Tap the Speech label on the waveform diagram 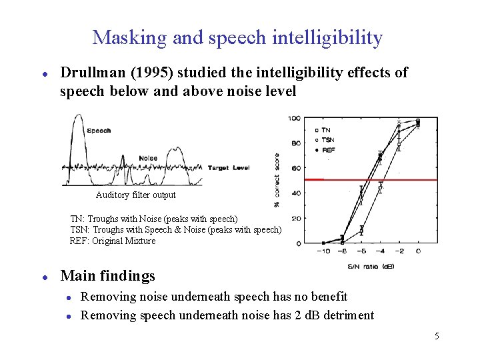click(99, 131)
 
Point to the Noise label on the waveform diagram click(148, 158)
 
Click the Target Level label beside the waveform click(229, 168)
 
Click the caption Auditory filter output click(136, 195)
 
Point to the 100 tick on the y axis click(294, 119)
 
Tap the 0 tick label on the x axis click(419, 251)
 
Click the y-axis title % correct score click(277, 180)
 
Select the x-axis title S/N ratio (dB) click(371, 266)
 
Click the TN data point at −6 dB click(362, 231)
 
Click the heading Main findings click(107, 276)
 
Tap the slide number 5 click(437, 336)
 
